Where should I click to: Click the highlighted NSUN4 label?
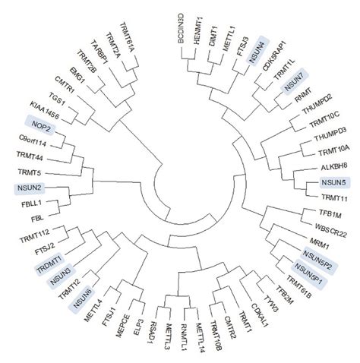tap(258, 52)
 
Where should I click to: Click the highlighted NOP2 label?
tap(42, 125)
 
